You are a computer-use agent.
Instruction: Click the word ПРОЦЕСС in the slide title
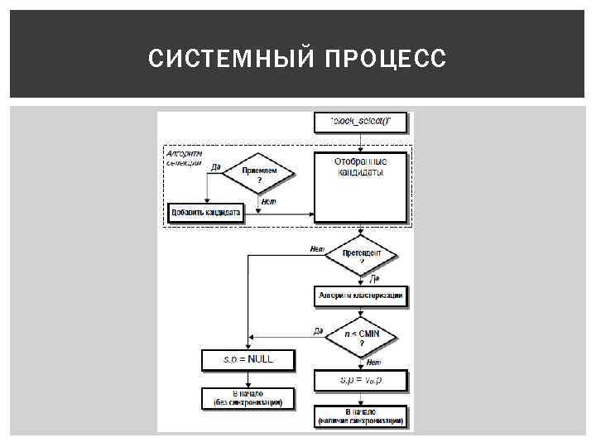pyautogui.click(x=386, y=59)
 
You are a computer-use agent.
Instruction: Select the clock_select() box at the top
pyautogui.click(x=360, y=122)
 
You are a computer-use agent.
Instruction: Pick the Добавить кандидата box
pyautogui.click(x=205, y=213)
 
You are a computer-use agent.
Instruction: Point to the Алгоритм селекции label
pyautogui.click(x=184, y=157)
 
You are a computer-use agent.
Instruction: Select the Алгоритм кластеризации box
pyautogui.click(x=361, y=295)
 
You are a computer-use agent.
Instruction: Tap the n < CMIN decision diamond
pyautogui.click(x=361, y=337)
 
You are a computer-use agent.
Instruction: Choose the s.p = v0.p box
pyautogui.click(x=361, y=381)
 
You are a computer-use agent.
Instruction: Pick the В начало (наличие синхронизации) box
pyautogui.click(x=361, y=416)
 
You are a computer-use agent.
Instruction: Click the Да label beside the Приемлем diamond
pyautogui.click(x=215, y=167)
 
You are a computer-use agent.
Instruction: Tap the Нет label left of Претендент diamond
pyautogui.click(x=316, y=248)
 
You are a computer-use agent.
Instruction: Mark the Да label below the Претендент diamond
pyautogui.click(x=374, y=279)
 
